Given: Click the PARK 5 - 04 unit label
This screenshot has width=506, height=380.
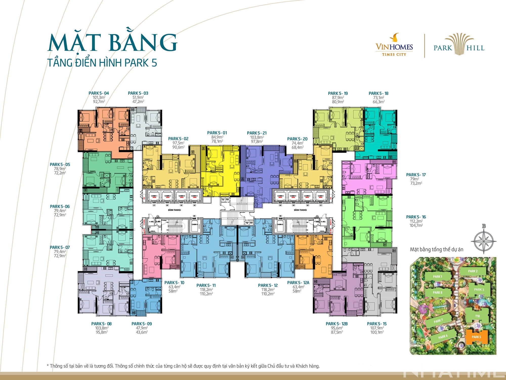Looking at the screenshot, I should (x=99, y=93).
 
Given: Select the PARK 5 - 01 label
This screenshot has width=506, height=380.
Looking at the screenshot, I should (x=217, y=133).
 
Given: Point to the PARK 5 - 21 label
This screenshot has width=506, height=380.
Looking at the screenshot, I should (x=257, y=133).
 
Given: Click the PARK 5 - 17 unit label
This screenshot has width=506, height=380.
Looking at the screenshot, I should (x=416, y=175).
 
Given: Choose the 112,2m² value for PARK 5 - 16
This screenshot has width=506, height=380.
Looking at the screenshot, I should (x=416, y=221).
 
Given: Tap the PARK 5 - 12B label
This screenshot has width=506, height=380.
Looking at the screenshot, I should (x=337, y=324).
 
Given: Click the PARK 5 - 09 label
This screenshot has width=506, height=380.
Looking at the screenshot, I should (x=142, y=324).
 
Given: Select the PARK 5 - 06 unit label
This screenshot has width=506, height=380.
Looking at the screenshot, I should (x=60, y=206).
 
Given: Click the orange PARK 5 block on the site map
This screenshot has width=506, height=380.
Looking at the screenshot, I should (x=476, y=337).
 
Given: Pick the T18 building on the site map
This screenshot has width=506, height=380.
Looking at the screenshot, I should (x=477, y=316).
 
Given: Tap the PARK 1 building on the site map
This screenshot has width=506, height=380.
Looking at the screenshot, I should (x=437, y=277).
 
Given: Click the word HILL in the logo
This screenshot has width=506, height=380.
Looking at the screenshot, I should (x=476, y=48).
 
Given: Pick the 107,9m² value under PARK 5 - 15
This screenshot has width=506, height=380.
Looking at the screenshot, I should (x=377, y=328).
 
